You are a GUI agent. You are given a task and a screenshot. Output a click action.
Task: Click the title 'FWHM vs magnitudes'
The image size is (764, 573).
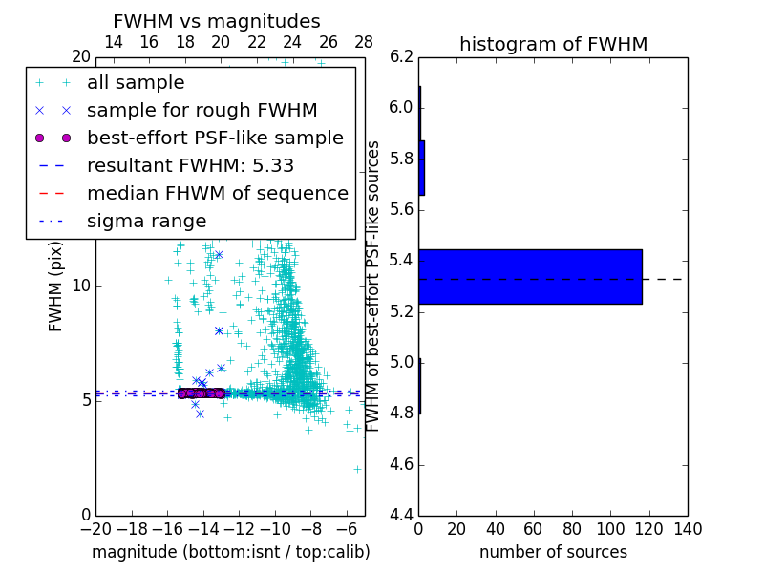point(217,22)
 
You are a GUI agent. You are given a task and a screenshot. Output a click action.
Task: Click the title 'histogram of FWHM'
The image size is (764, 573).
point(553,45)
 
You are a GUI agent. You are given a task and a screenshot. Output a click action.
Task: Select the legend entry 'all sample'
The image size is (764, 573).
point(136,83)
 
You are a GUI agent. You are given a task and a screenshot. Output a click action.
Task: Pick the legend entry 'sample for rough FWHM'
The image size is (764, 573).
point(202,110)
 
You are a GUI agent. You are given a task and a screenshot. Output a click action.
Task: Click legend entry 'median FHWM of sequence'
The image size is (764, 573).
point(217,193)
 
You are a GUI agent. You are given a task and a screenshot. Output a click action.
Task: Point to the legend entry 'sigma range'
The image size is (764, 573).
point(146,222)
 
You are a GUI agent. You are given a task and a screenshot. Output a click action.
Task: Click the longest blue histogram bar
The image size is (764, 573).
point(530,277)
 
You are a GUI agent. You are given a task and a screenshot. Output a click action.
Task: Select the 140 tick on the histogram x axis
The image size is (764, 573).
point(687,529)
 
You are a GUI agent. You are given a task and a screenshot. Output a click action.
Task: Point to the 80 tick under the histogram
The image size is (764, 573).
point(572,529)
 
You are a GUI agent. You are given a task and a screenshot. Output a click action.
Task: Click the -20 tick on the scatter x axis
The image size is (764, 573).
point(95,529)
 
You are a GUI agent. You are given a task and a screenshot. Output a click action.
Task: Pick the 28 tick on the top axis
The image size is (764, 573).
point(364,42)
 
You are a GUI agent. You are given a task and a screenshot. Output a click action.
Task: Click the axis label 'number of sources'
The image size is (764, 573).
point(553,552)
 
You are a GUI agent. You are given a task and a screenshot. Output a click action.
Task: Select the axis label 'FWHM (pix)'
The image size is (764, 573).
point(56,286)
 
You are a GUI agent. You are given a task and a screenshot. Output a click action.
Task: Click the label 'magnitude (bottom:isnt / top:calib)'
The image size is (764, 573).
point(230,552)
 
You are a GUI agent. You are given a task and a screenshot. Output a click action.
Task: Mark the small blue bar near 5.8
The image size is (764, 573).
point(421,168)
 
